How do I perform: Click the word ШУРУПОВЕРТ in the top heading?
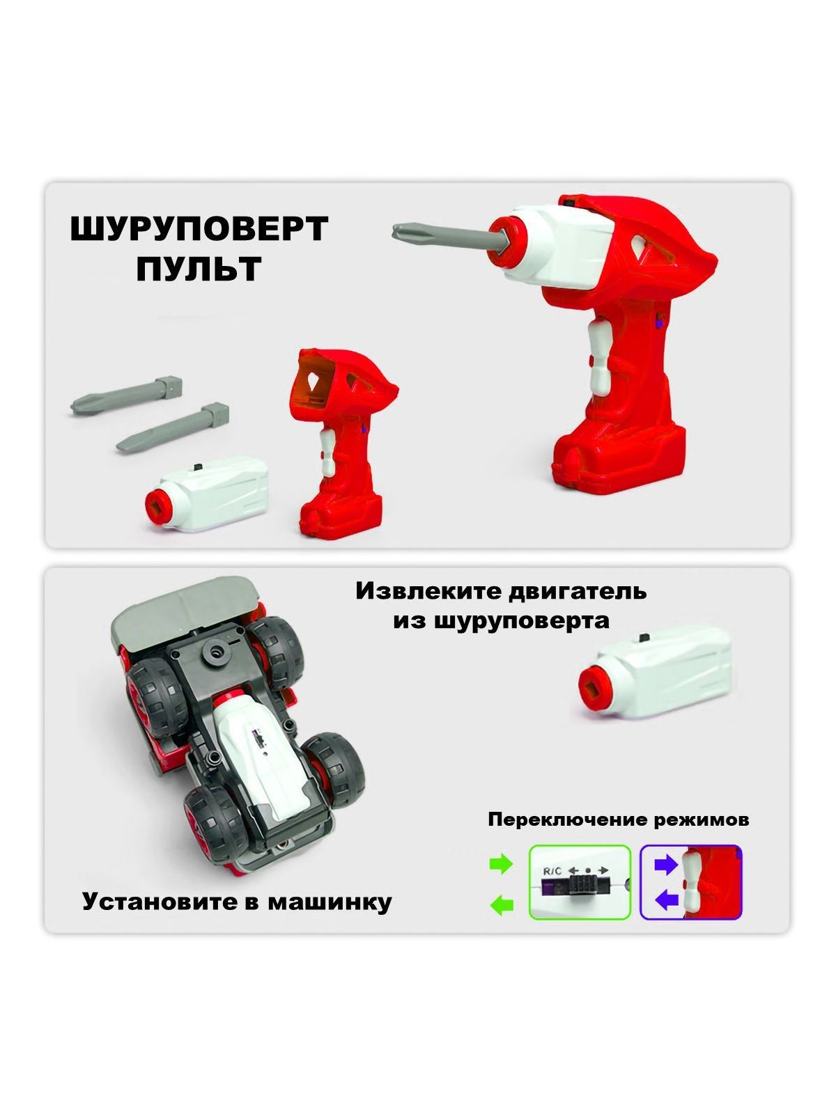click(199, 229)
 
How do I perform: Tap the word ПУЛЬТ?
click(199, 269)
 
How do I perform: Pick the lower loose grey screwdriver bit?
click(173, 427)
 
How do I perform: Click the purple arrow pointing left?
click(667, 900)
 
